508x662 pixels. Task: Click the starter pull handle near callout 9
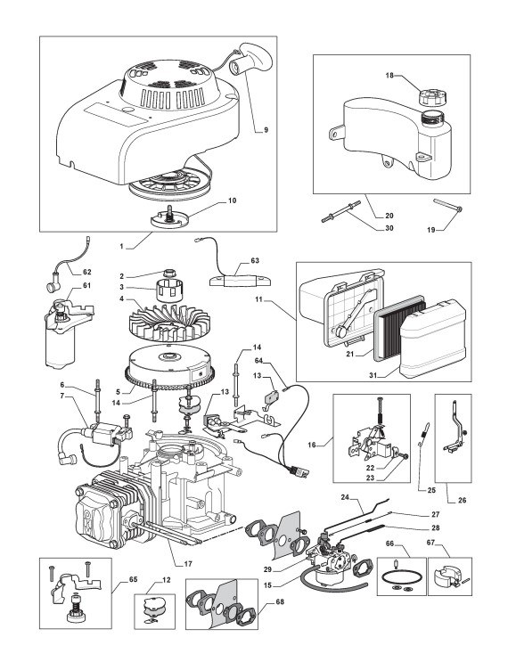[x=251, y=59]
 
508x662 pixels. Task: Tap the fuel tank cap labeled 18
[x=430, y=96]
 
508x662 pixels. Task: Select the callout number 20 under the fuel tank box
[x=389, y=216]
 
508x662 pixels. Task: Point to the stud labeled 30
[x=340, y=211]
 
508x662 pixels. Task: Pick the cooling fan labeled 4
[x=168, y=323]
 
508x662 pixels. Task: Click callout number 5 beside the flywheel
[x=119, y=391]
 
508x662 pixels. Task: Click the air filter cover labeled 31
[x=433, y=339]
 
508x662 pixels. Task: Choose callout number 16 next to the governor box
[x=312, y=445]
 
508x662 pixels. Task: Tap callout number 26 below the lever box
[x=462, y=501]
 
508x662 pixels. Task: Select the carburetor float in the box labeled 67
[x=446, y=576]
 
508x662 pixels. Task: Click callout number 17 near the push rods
[x=188, y=564]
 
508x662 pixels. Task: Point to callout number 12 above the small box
[x=167, y=580]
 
